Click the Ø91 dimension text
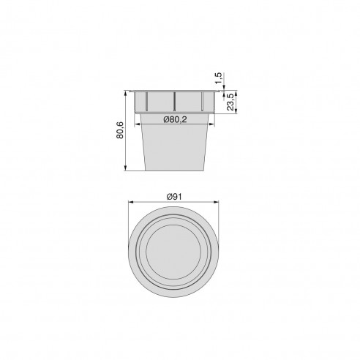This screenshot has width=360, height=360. pyautogui.click(x=175, y=196)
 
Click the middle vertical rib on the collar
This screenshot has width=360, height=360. pyautogui.click(x=174, y=101)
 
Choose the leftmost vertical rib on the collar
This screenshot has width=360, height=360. pyautogui.click(x=147, y=101)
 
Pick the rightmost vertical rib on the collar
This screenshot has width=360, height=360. pyautogui.click(x=200, y=101)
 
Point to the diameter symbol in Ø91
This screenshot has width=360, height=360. pyautogui.click(x=169, y=196)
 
